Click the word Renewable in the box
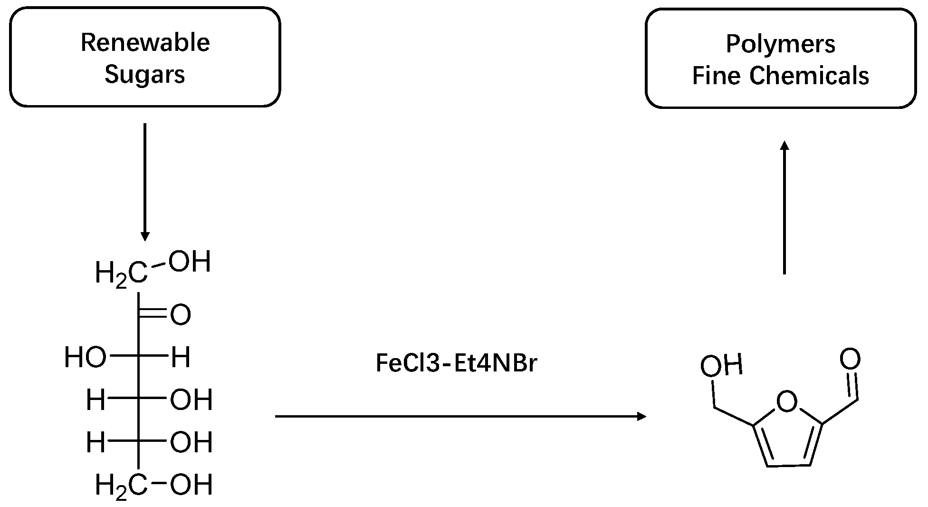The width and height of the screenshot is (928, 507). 145,42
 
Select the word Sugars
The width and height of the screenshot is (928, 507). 144,75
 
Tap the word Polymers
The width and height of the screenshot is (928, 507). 780,44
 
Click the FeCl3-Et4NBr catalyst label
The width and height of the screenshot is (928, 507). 456,363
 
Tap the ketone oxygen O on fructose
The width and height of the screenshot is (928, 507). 181,315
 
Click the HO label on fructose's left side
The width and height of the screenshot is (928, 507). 85,358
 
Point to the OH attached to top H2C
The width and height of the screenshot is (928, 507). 190,262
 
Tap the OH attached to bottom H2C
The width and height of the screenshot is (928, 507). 191,485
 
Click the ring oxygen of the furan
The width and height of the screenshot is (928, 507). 786,402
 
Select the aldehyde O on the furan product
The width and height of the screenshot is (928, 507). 850,359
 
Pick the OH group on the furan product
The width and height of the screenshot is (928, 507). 721,366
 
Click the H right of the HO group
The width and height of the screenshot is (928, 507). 181,358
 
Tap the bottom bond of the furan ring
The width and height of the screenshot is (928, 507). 788,466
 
